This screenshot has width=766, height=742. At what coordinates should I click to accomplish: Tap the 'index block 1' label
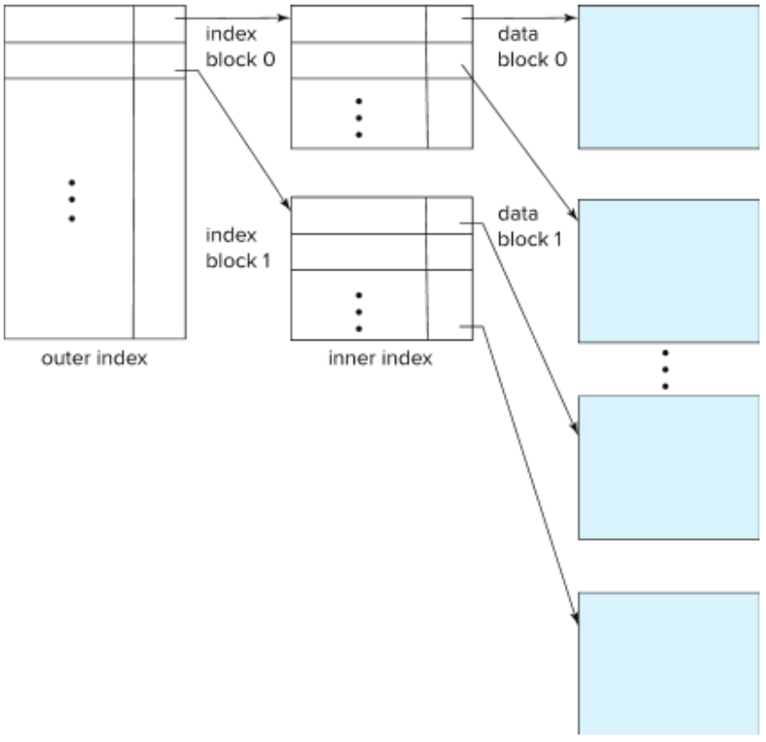click(x=238, y=248)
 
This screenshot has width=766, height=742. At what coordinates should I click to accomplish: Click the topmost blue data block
click(x=669, y=77)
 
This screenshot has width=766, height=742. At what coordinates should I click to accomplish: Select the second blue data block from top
click(x=669, y=271)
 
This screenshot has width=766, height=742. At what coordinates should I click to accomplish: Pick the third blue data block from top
click(x=669, y=466)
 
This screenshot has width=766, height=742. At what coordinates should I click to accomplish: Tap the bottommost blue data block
click(x=669, y=663)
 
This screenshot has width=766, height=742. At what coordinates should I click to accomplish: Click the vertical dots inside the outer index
click(x=71, y=199)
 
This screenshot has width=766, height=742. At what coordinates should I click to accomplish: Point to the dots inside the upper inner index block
click(x=360, y=117)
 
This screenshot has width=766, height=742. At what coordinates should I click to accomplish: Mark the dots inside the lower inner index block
click(x=360, y=312)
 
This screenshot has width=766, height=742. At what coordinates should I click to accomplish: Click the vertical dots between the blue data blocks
click(x=664, y=369)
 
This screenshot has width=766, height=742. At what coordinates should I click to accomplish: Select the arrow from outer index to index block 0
click(x=231, y=17)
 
